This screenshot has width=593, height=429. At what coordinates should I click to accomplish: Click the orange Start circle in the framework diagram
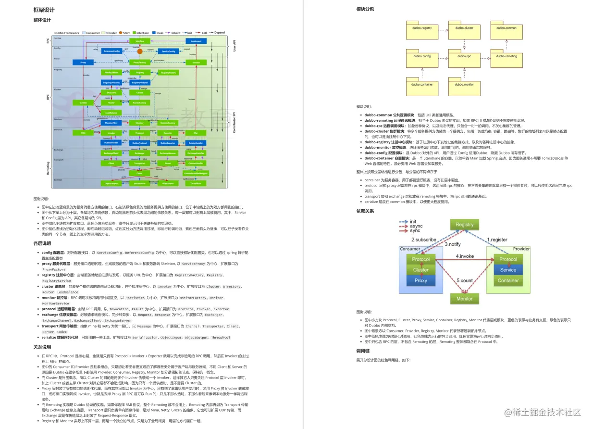click(x=121, y=33)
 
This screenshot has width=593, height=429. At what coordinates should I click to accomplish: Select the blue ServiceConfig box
click(x=169, y=51)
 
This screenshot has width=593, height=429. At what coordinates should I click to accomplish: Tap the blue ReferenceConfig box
click(x=111, y=51)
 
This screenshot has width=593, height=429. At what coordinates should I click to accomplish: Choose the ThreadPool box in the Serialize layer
click(x=196, y=183)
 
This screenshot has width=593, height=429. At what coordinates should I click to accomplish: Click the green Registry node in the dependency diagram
click(x=464, y=225)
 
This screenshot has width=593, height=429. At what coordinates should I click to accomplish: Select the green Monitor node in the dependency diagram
click(x=464, y=299)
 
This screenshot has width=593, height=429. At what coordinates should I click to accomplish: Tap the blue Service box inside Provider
click(x=508, y=270)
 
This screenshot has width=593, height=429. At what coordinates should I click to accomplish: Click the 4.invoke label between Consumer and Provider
click(x=464, y=256)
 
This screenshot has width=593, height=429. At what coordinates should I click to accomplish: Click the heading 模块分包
click(x=365, y=9)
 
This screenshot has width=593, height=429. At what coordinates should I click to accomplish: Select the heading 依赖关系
click(x=365, y=211)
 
